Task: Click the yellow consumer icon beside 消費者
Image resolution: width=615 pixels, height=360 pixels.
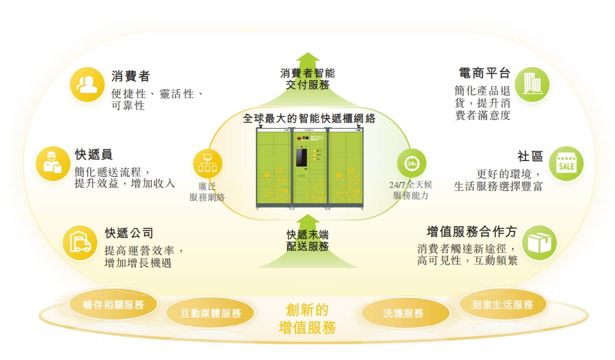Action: [x=87, y=84]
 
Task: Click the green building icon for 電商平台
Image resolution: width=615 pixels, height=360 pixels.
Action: [x=531, y=84]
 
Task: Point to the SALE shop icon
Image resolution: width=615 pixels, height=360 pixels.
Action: [x=565, y=163]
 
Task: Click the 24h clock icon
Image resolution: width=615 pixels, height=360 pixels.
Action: [x=411, y=163]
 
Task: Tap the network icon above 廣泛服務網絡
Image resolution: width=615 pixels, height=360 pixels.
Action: [x=207, y=163]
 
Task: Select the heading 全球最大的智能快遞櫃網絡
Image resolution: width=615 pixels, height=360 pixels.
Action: [x=308, y=118]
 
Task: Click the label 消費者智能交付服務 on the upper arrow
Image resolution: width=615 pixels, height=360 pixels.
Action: [x=308, y=79]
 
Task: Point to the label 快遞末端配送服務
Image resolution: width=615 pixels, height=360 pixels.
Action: [x=308, y=241]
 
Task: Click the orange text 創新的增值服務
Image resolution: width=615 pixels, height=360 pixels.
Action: [x=307, y=318]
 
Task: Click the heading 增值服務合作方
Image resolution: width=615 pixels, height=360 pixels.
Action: [x=472, y=232]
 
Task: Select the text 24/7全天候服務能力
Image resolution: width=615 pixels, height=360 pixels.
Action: [x=411, y=190]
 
